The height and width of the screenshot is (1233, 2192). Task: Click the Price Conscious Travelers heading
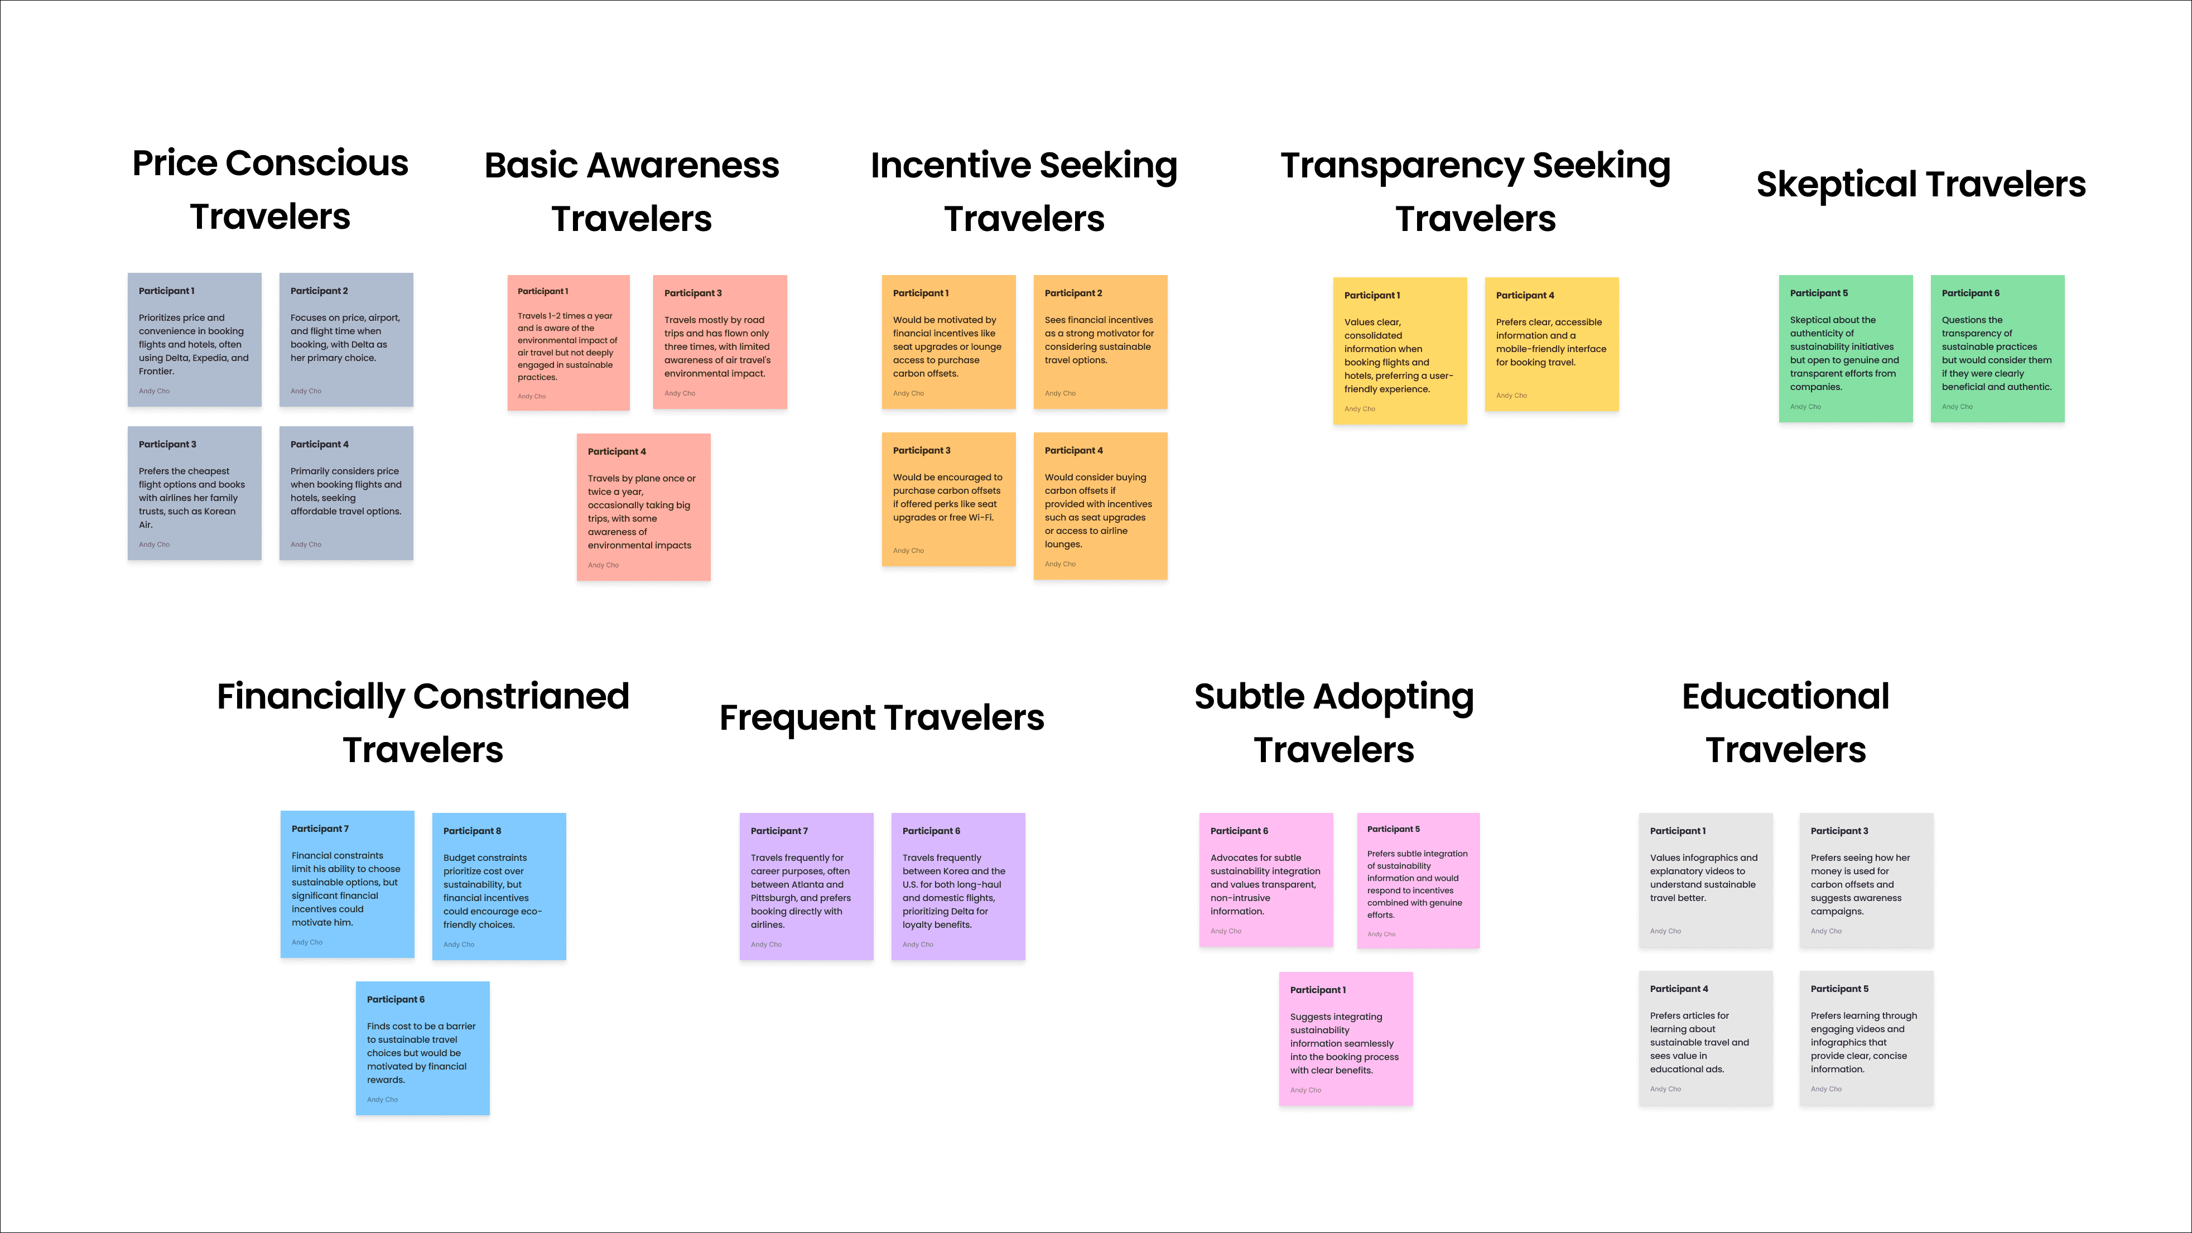click(269, 189)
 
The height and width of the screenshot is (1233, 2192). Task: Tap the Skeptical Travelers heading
click(1920, 185)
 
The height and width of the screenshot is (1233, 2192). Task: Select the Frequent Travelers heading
click(881, 717)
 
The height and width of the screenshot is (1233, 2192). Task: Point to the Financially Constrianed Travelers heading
click(422, 723)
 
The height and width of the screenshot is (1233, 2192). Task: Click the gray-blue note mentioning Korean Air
click(194, 494)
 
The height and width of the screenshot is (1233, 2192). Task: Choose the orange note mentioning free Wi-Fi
click(948, 500)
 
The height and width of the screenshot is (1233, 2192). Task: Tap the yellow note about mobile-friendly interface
click(1550, 345)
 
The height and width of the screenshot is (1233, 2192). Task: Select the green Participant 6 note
click(1996, 349)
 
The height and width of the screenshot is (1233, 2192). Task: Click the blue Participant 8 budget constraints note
click(499, 887)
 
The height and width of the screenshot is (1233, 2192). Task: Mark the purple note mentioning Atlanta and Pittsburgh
click(806, 887)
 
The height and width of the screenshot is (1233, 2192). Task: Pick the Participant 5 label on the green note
click(1818, 293)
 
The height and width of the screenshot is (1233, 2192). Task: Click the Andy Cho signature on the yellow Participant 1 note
click(1359, 410)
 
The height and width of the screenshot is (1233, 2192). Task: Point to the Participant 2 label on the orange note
click(1073, 293)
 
